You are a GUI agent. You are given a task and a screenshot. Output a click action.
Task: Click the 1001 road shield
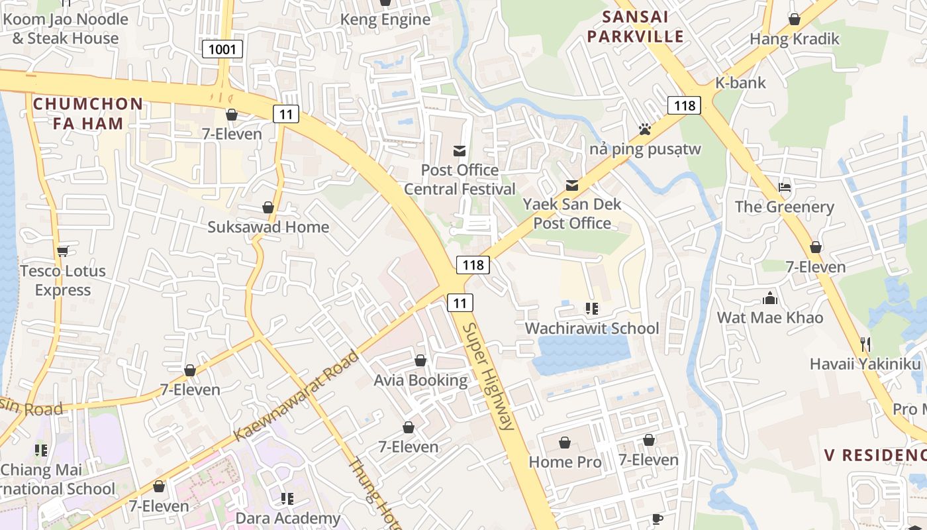(x=222, y=49)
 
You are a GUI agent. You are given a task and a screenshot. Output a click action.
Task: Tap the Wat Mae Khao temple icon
(x=769, y=297)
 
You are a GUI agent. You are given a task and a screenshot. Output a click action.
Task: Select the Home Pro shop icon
(x=565, y=443)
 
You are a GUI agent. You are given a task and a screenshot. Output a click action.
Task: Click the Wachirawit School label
(x=591, y=328)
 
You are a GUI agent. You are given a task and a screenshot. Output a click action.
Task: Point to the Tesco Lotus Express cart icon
(x=63, y=250)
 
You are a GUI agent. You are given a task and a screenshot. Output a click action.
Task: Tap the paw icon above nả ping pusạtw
(x=644, y=129)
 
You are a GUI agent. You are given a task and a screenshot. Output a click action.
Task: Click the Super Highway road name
(x=489, y=376)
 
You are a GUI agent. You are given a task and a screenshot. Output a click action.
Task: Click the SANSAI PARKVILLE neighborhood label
(x=635, y=26)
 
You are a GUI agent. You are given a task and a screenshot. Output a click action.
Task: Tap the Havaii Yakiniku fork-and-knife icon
(x=865, y=344)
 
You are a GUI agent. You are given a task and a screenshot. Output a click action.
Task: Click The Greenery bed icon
(x=785, y=187)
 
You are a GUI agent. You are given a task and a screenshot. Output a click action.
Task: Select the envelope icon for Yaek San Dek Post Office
(x=572, y=185)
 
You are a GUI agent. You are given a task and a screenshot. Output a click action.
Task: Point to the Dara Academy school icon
(x=287, y=498)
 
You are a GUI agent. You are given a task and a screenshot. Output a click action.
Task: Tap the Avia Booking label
(x=420, y=380)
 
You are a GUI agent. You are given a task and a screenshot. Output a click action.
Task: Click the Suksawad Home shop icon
(x=268, y=207)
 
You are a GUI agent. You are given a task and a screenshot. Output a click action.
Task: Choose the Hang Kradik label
(x=794, y=39)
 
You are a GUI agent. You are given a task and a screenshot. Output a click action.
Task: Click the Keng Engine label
(x=385, y=20)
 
